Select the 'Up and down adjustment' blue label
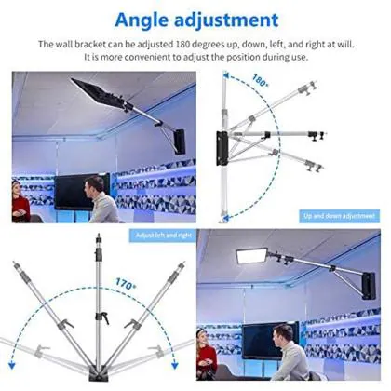[x=339, y=215]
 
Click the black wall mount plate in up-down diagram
[x=223, y=148]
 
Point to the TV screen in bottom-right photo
[x=270, y=335]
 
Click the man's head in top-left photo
[x=94, y=185]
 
